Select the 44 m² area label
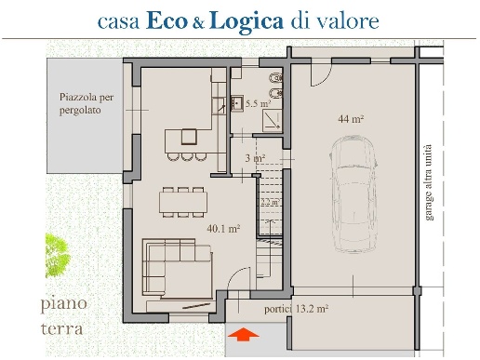tap(351, 119)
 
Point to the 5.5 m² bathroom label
tap(257, 105)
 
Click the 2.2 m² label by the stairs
tap(270, 202)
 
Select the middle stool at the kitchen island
tap(188, 155)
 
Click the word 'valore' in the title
tap(347, 20)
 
